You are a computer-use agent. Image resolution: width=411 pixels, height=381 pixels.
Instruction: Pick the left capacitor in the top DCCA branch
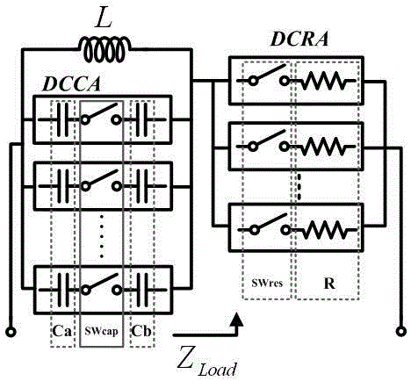64,116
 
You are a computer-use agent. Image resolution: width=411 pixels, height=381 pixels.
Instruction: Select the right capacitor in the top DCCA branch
141,116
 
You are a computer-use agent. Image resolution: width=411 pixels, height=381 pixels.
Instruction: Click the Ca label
63,333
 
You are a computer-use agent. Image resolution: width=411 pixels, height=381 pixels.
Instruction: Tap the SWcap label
103,334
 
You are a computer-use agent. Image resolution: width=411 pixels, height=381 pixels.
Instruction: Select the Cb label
141,333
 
